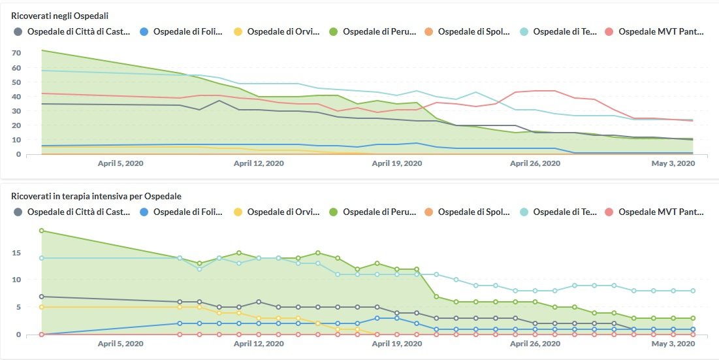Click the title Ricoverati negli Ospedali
click(59, 15)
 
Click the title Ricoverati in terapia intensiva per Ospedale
click(96, 195)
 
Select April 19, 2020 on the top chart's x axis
click(396, 163)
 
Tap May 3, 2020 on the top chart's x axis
click(673, 163)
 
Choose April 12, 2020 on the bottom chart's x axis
click(258, 344)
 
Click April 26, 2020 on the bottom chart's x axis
click(535, 344)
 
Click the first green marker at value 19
click(41, 231)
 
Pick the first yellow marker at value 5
click(41, 307)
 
